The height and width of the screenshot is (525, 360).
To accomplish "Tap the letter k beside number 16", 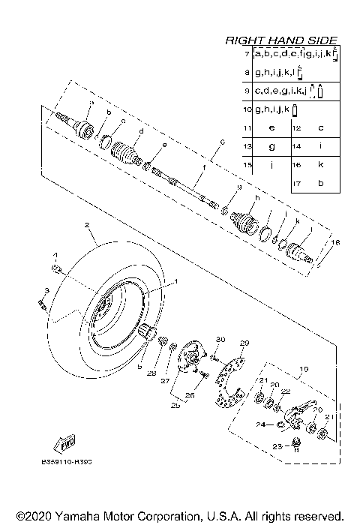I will [x=320, y=164].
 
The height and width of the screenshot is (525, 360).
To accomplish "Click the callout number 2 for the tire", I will [x=87, y=224].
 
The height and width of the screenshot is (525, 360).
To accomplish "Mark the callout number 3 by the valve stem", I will [x=46, y=290].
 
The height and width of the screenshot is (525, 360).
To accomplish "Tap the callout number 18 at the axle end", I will [x=335, y=244].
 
